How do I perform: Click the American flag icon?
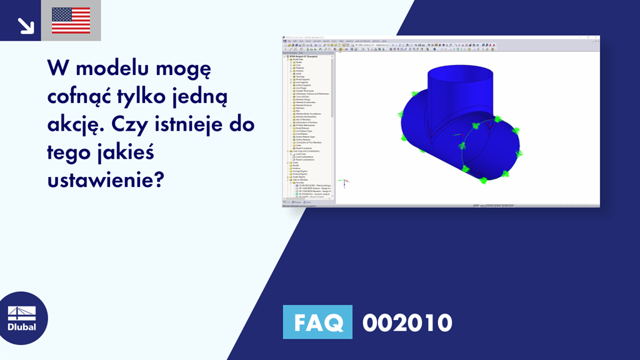click(71, 20)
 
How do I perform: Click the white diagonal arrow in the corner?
click(25, 24)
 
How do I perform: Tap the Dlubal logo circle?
click(24, 318)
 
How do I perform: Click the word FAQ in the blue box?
click(317, 322)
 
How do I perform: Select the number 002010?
click(407, 322)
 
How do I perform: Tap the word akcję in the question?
click(71, 124)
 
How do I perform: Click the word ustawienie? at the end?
click(106, 180)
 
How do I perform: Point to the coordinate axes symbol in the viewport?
click(342, 182)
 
